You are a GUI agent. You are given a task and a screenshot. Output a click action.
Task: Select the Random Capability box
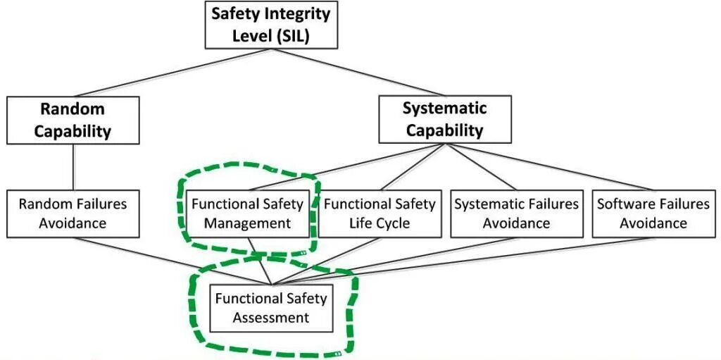tap(73, 120)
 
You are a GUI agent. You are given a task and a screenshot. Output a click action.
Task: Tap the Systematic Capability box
tap(444, 120)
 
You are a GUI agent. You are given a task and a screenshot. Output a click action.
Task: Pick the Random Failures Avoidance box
tap(73, 213)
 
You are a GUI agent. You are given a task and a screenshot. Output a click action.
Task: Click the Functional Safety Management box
tap(247, 213)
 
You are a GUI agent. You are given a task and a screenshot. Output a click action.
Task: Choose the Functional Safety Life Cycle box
tap(380, 213)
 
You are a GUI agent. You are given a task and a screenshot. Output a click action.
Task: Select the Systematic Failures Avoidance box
tap(516, 213)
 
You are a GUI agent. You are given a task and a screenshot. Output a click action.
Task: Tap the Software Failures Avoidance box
tap(653, 213)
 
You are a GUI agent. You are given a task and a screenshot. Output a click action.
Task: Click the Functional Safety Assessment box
tap(271, 307)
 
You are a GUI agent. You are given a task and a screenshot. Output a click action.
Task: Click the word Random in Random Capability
tap(73, 109)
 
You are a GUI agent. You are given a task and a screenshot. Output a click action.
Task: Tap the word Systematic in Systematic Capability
tap(444, 108)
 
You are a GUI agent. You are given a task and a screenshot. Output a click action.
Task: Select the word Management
tap(247, 223)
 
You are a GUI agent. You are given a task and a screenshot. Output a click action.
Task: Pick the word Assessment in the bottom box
tap(271, 318)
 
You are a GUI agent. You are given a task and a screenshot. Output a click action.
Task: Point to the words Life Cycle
tap(380, 223)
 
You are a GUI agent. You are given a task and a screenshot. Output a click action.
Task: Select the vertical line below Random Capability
tap(73, 168)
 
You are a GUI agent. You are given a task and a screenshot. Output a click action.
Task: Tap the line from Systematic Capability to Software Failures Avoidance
tap(549, 168)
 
